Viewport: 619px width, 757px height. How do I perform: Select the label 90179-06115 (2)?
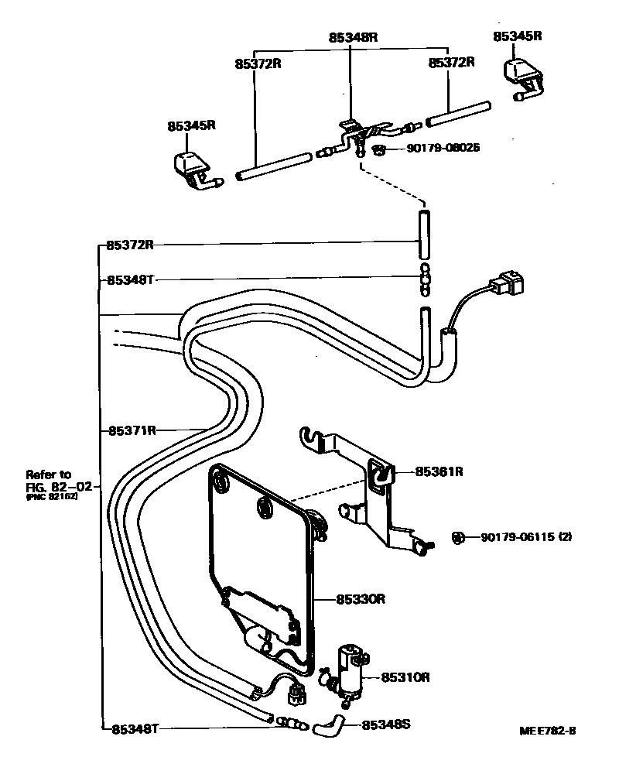[525, 537]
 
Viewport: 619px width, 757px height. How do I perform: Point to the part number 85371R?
[132, 430]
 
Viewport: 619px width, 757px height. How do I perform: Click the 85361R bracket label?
[439, 471]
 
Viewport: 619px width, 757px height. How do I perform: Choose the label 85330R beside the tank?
[361, 598]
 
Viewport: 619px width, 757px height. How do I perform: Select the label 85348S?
[385, 725]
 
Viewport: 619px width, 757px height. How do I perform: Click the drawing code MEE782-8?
[549, 731]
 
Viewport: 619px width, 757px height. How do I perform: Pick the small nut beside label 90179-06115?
[457, 537]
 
